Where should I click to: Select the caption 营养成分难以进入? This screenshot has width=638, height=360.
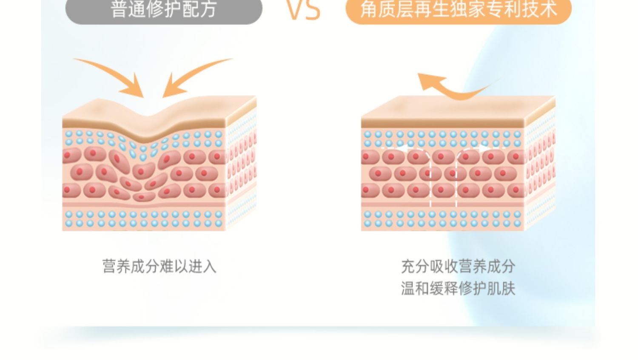tap(159, 266)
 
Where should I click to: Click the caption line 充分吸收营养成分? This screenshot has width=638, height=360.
tap(458, 266)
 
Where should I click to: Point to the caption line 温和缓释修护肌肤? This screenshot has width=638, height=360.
tap(458, 289)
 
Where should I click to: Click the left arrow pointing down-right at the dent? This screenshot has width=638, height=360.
tap(115, 77)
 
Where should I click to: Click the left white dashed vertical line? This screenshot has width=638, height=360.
tap(431, 179)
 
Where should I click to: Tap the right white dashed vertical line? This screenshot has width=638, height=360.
tap(456, 179)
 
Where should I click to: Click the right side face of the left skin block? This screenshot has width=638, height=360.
tap(241, 166)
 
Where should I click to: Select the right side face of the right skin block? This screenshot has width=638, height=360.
tap(540, 166)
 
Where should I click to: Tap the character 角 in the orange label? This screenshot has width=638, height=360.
tap(369, 9)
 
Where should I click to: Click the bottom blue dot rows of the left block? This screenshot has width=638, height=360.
tap(143, 218)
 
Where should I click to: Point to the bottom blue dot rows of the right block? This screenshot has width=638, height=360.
tap(442, 218)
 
